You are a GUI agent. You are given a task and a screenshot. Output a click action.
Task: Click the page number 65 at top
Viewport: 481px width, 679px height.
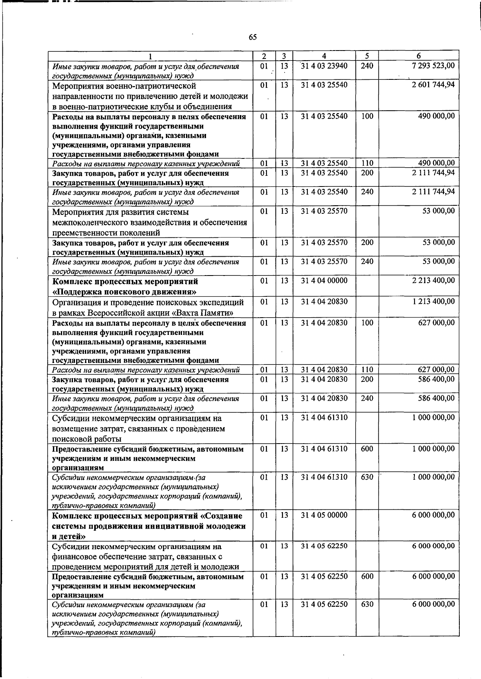[253, 37]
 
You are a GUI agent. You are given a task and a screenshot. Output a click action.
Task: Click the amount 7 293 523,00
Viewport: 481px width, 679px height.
[433, 65]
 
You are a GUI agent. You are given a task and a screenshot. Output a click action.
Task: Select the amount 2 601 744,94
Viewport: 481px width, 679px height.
[433, 85]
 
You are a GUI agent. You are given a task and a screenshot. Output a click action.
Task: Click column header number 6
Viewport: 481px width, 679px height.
[418, 56]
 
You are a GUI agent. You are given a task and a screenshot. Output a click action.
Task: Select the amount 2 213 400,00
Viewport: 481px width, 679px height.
[433, 280]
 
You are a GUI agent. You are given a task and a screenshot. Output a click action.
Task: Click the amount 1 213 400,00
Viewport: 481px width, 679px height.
[433, 301]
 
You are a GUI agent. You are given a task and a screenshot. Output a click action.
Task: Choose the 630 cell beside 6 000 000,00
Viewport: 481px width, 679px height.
[367, 604]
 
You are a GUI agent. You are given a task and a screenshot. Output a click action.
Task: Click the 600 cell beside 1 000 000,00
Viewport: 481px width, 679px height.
[367, 449]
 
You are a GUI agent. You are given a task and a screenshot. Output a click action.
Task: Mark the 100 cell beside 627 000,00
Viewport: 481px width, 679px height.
[367, 322]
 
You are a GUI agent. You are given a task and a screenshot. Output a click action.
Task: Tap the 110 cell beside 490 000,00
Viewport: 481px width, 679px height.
[367, 163]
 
